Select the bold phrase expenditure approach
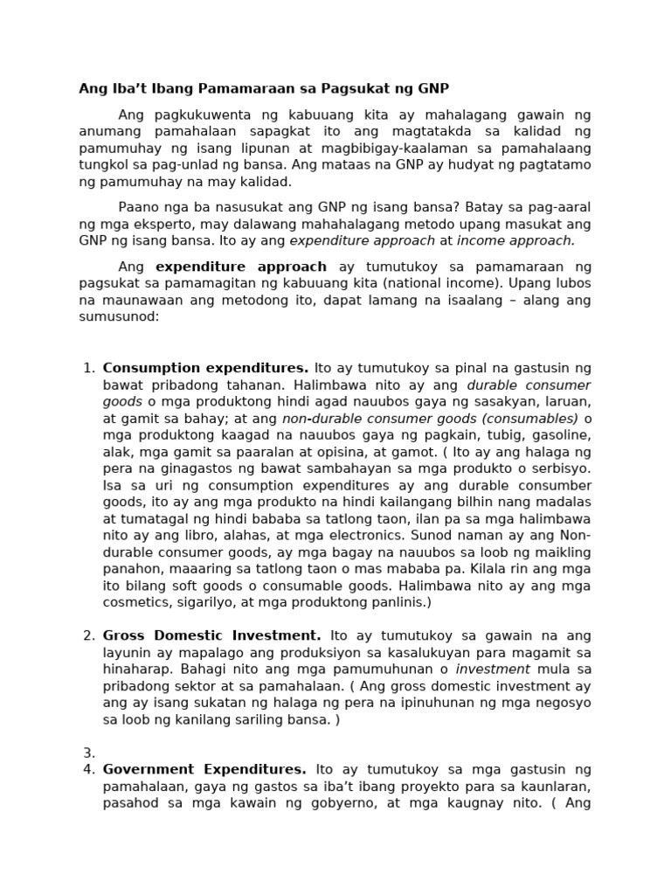241,267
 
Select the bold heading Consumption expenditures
205,368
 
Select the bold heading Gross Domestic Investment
211,635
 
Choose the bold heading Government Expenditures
204,770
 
